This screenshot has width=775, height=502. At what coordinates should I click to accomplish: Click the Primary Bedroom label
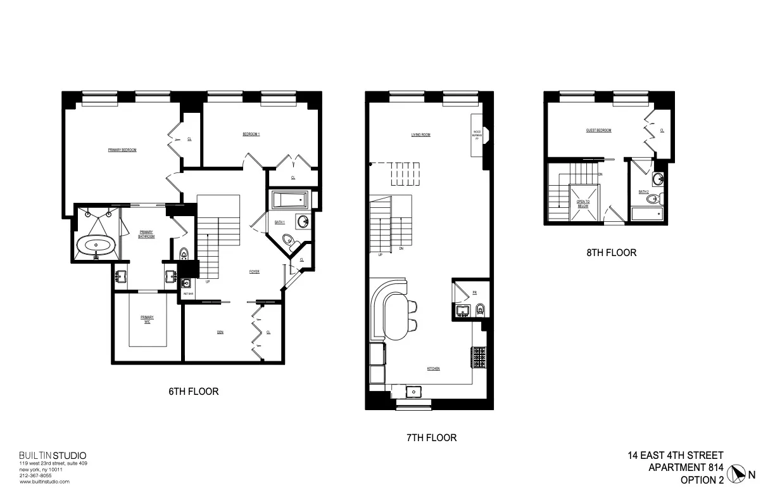click(x=122, y=150)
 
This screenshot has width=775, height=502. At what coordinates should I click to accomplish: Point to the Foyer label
click(x=255, y=271)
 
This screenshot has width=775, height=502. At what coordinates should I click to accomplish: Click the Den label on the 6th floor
click(x=220, y=331)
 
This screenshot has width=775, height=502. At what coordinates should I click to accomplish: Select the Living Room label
click(x=420, y=134)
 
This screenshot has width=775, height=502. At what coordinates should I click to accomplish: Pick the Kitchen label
click(x=433, y=368)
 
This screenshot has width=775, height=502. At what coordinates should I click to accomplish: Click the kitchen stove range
click(x=477, y=357)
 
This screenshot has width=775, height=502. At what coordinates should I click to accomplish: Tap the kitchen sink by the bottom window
click(x=413, y=391)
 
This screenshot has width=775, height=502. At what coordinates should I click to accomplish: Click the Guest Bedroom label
click(x=598, y=131)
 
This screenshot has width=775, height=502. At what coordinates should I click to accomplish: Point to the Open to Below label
click(x=583, y=204)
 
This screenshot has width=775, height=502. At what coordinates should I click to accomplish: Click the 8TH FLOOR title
click(x=611, y=252)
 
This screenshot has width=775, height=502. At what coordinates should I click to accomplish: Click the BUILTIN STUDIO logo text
click(x=53, y=455)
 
